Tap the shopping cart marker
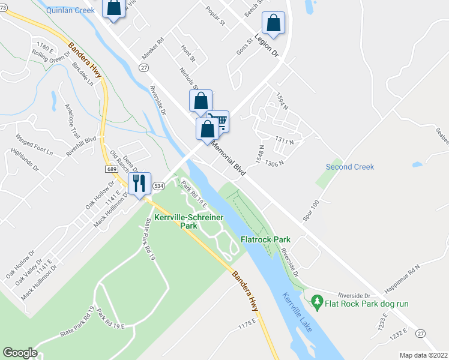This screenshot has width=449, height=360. point(218,122)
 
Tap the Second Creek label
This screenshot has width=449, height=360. point(350,167)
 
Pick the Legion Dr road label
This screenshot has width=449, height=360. point(268,46)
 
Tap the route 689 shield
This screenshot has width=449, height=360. point(113,170)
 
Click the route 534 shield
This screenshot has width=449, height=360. point(158,186)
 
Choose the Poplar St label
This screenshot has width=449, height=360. point(214,16)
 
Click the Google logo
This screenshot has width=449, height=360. point(19,353)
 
